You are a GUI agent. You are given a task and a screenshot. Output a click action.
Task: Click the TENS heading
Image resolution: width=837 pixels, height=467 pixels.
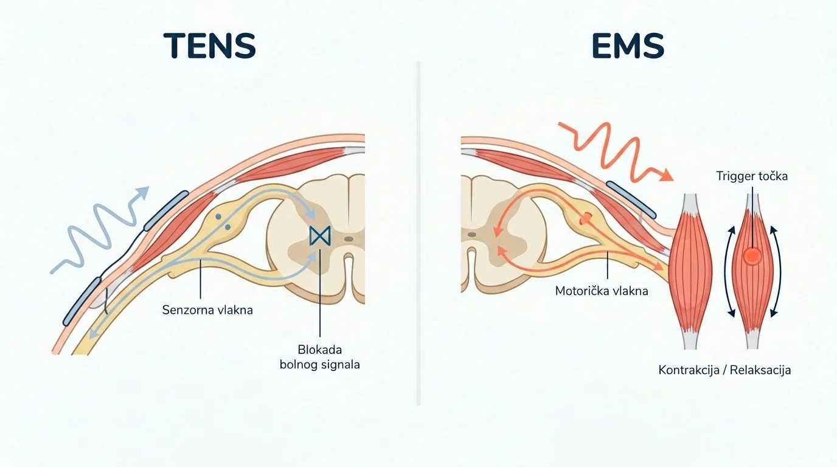pos(210,46)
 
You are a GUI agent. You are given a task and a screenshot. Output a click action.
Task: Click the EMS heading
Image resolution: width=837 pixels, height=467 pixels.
pos(628,46)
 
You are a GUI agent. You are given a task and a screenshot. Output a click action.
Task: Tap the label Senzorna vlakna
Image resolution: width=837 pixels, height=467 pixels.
pos(207,310)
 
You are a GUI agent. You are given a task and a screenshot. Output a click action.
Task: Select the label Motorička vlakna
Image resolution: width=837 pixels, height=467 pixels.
pos(602,291)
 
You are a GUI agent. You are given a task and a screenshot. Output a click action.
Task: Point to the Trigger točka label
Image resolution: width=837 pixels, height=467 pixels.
pos(752,176)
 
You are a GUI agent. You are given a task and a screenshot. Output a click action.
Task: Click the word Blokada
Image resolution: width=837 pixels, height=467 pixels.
pos(320,350)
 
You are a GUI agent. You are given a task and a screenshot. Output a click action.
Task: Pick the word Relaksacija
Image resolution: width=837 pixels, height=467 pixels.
pos(760,370)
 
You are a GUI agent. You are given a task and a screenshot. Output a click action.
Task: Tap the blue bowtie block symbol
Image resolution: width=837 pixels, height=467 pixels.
pos(320,236)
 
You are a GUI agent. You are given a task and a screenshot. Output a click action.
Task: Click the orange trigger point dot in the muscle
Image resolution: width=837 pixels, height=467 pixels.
pos(752,257)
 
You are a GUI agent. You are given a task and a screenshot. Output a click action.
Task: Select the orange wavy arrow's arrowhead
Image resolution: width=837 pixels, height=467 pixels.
pos(666,175)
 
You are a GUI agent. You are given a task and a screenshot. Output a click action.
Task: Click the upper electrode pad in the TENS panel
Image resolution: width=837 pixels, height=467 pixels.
pos(167,210)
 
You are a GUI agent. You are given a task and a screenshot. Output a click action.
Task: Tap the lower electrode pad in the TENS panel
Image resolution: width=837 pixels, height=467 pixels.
pos(82,301)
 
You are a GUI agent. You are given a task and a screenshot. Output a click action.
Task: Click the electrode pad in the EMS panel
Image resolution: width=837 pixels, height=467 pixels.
pos(631,199)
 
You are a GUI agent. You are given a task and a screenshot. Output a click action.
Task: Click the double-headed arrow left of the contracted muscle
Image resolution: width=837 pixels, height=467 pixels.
pos(728,272)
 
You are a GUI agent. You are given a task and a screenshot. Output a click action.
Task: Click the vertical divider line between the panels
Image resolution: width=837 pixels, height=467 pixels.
pos(418,233)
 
